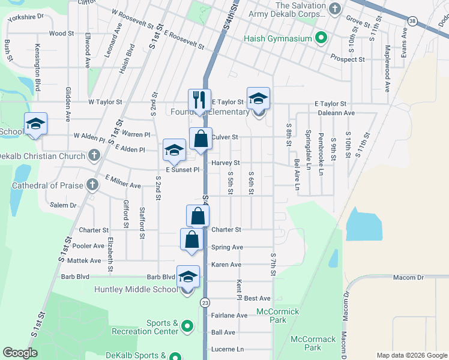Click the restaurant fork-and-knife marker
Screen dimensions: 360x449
click(x=199, y=100)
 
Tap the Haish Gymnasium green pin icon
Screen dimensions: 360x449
click(x=321, y=38)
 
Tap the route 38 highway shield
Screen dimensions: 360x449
click(x=411, y=21)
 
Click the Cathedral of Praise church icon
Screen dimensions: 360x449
click(x=92, y=185)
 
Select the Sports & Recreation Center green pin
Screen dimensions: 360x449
click(x=187, y=327)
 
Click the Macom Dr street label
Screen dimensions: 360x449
click(x=408, y=277)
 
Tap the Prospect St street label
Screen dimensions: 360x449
click(x=348, y=59)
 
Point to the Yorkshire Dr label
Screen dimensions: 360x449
click(x=26, y=17)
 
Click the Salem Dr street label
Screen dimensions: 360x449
click(x=64, y=205)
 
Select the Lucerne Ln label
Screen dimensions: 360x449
click(x=228, y=349)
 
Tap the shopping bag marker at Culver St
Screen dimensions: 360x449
click(x=201, y=139)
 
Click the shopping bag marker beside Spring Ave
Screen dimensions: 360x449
click(x=191, y=239)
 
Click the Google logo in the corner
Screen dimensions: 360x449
click(x=20, y=353)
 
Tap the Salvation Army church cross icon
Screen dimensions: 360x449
click(x=334, y=8)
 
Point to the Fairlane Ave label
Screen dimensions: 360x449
click(x=229, y=315)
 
